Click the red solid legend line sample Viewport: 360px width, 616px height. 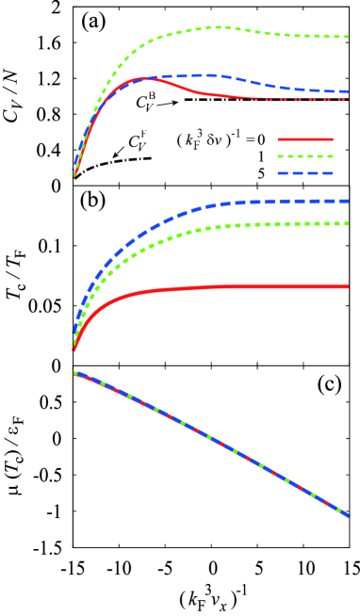click(304, 139)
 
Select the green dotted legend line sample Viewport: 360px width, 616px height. click(304, 156)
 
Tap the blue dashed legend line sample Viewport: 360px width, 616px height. click(304, 173)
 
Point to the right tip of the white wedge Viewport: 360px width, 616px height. click(146, 160)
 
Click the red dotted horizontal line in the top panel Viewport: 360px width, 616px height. click(302, 99)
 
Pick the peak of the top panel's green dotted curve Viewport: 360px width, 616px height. click(219, 27)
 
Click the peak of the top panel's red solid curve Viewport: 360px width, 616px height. click(143, 78)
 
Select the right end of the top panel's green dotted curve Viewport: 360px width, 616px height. click(348, 37)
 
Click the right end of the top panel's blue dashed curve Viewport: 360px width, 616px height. click(348, 92)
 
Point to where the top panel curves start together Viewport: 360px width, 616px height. click(74, 178)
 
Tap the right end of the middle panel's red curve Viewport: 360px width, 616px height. click(348, 286)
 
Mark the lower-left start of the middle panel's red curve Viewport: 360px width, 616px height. click(74, 350)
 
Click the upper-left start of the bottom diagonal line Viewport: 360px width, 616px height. click(75, 373)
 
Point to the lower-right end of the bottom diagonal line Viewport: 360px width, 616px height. click(349, 515)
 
